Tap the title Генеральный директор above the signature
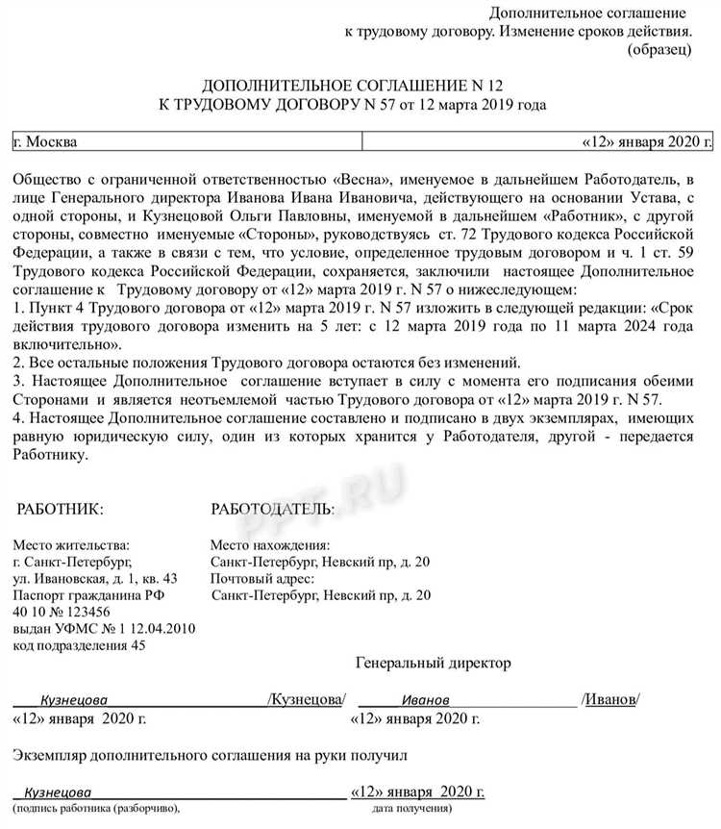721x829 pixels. (x=434, y=664)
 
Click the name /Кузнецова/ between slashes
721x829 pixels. (x=306, y=699)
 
